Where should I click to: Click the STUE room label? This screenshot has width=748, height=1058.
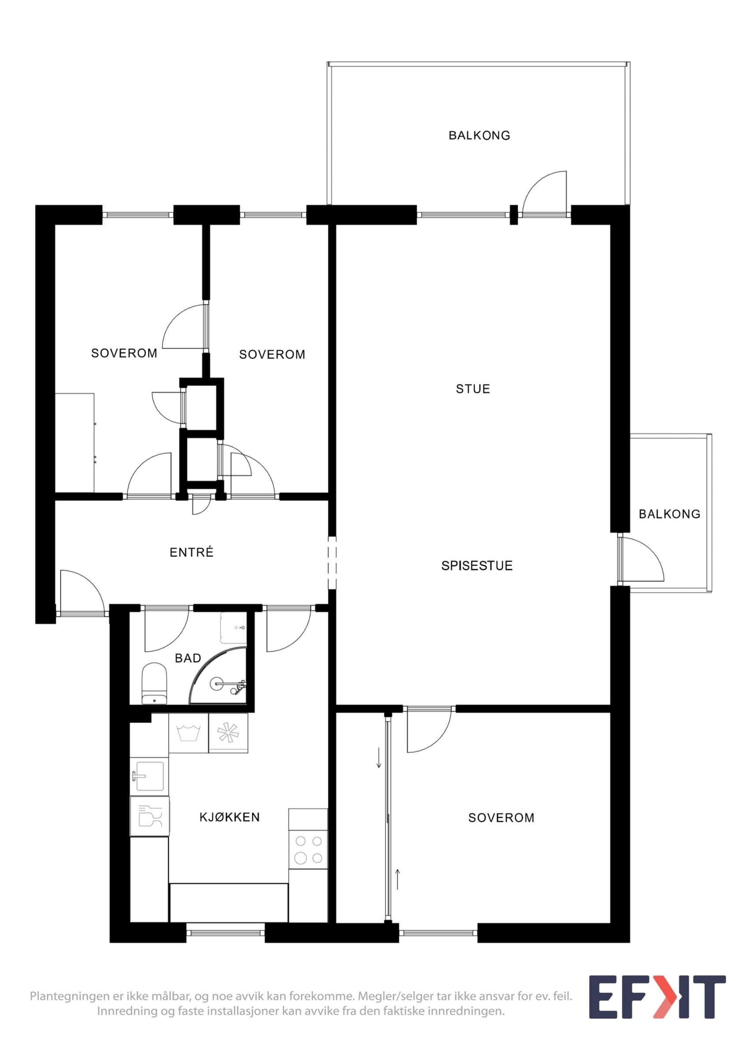(473, 389)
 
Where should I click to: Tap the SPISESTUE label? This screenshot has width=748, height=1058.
(477, 566)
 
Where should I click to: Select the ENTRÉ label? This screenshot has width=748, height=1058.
(192, 552)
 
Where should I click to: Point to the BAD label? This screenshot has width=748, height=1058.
(188, 659)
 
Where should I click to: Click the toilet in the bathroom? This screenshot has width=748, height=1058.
(154, 683)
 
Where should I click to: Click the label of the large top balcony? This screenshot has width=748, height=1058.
(479, 135)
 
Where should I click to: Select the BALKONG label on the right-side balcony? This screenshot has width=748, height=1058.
(669, 514)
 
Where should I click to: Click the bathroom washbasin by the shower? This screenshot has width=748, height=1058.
(233, 628)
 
